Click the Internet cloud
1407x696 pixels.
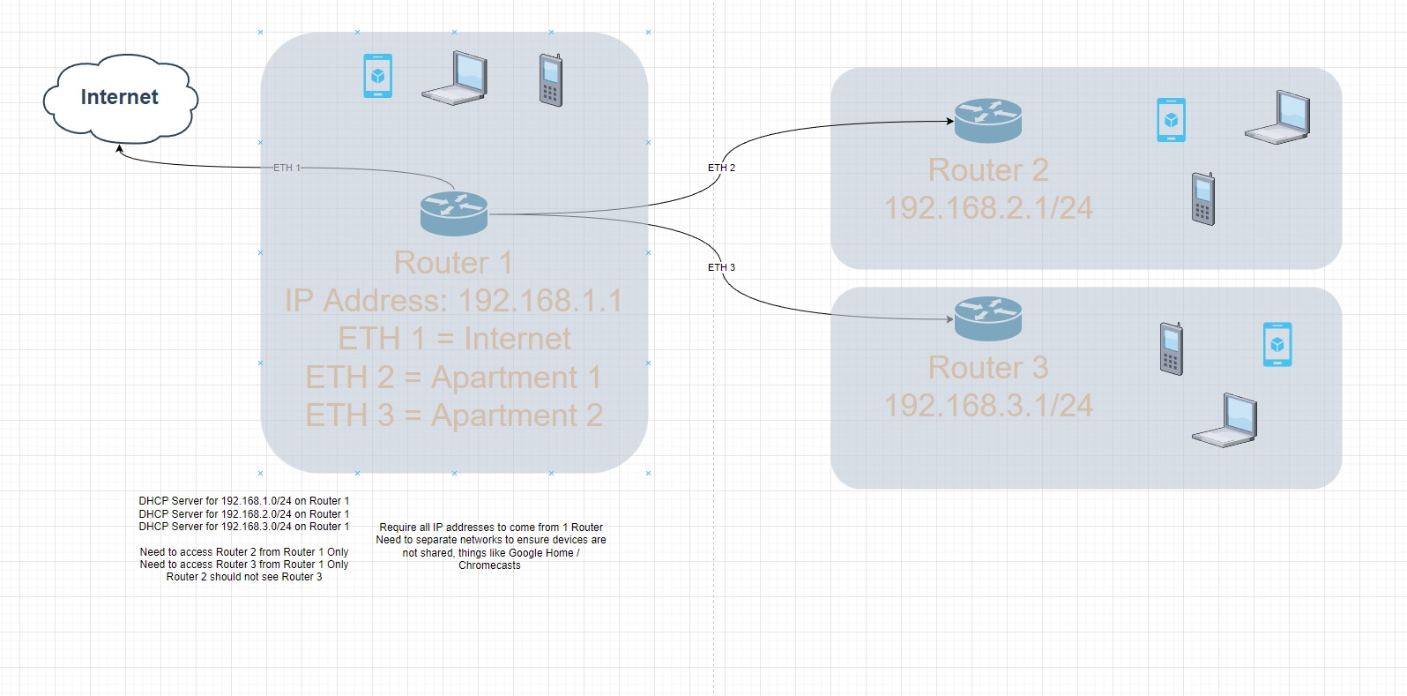pyautogui.click(x=120, y=98)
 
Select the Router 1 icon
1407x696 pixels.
pyautogui.click(x=454, y=213)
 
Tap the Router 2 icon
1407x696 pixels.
pyautogui.click(x=988, y=121)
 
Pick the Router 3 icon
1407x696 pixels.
pyautogui.click(x=988, y=318)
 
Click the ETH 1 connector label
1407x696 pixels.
pyautogui.click(x=287, y=168)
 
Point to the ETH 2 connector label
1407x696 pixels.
pyautogui.click(x=721, y=168)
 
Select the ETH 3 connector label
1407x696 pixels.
pyautogui.click(x=721, y=267)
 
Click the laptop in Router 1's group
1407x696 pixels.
pyautogui.click(x=455, y=79)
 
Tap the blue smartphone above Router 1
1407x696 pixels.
pyautogui.click(x=378, y=76)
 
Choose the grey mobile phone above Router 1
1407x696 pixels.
pyautogui.click(x=551, y=80)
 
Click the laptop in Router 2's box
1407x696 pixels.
pyautogui.click(x=1278, y=117)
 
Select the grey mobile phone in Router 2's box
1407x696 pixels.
pyautogui.click(x=1203, y=199)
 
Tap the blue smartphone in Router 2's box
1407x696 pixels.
pyautogui.click(x=1171, y=120)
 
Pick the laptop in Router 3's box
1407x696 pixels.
pyautogui.click(x=1225, y=421)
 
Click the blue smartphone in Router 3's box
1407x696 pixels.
pyautogui.click(x=1277, y=344)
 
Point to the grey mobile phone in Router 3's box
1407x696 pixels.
pyautogui.click(x=1172, y=349)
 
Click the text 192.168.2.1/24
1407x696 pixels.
pyautogui.click(x=988, y=208)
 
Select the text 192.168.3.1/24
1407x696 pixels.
pyautogui.click(x=988, y=406)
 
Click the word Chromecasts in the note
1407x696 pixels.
pyautogui.click(x=489, y=566)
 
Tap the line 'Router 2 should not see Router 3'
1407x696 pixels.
pyautogui.click(x=244, y=577)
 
